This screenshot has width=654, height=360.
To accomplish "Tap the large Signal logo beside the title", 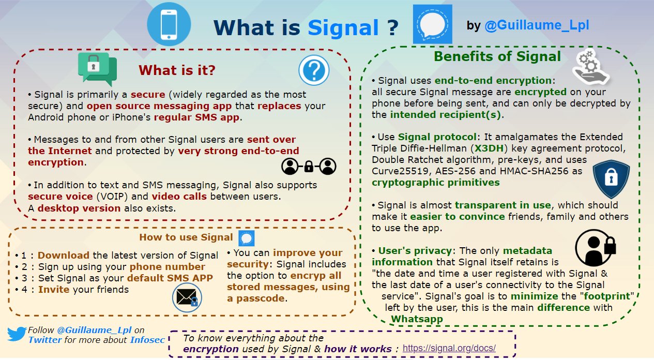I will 432,24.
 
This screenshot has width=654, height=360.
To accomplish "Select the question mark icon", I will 314,71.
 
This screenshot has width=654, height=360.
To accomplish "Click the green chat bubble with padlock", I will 97,69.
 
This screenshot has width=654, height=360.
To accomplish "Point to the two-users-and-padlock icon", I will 309,166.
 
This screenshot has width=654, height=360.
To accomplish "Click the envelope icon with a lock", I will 187,298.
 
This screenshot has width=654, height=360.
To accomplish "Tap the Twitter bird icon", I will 17,334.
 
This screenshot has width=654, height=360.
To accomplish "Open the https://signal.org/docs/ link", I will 449,348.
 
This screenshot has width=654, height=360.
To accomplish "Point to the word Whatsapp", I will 417,319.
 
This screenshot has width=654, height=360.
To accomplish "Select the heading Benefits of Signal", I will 497,56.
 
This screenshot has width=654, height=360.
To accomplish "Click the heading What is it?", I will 177,70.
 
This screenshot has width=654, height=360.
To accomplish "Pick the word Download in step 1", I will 63,255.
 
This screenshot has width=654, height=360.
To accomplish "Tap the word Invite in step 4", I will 55,289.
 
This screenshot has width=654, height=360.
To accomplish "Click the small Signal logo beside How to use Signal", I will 246,238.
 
